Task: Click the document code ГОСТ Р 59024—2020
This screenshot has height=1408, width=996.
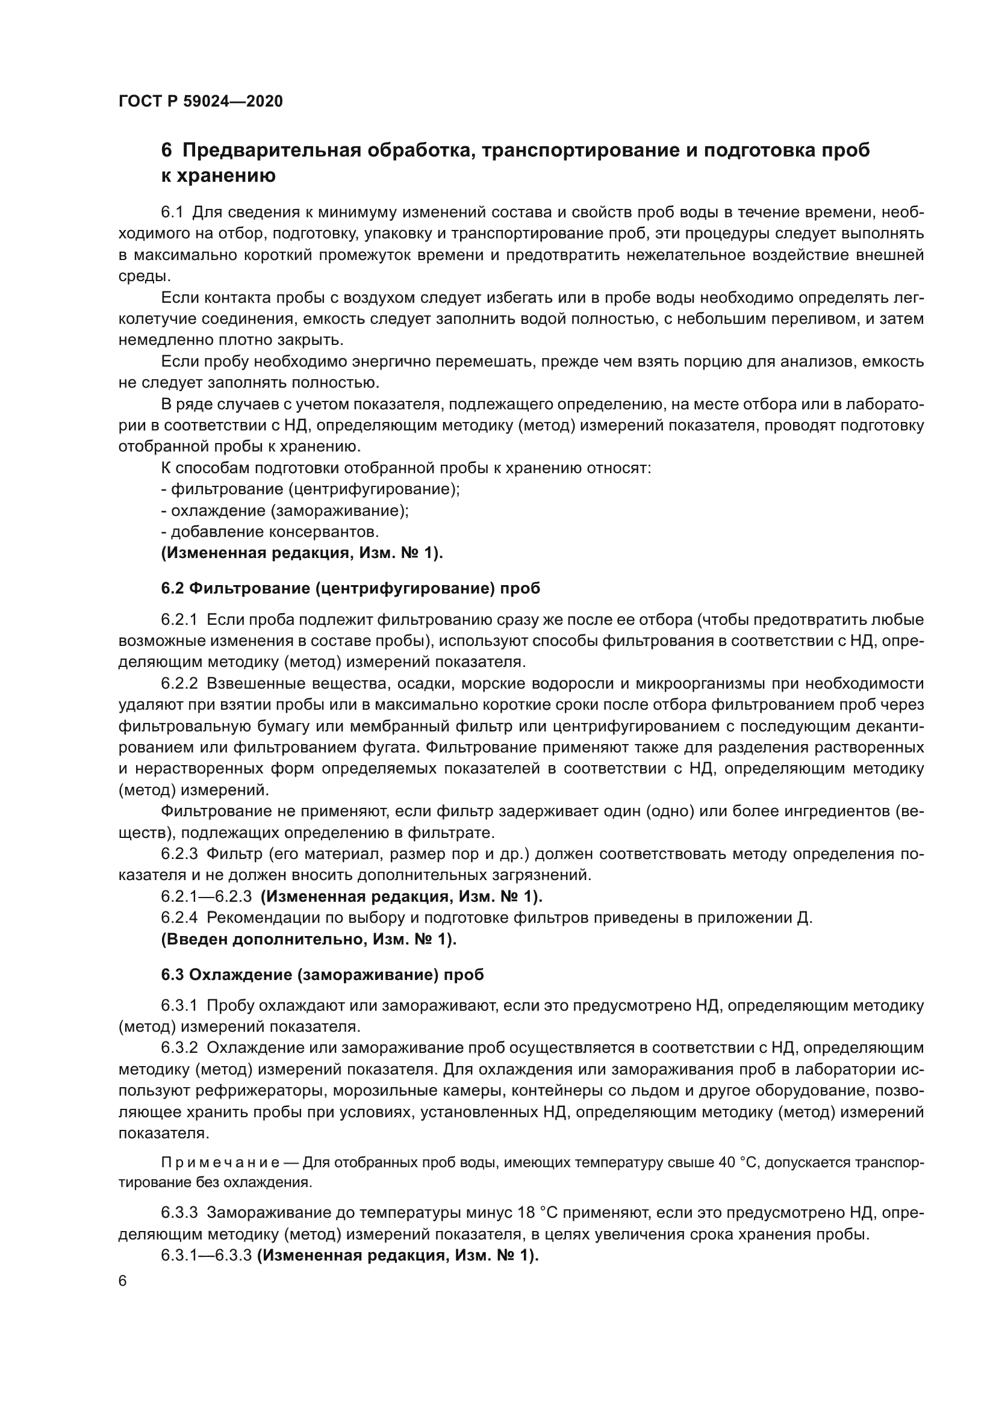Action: point(201,101)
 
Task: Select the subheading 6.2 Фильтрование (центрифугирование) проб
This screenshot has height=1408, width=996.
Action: point(350,588)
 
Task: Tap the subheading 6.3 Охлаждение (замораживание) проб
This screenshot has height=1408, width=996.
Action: point(322,975)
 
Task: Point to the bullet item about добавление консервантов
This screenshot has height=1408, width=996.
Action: point(270,532)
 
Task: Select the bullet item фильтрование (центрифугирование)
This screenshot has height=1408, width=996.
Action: point(310,489)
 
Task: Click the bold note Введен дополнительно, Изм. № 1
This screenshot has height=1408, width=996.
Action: point(308,939)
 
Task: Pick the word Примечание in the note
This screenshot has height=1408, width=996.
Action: point(220,1163)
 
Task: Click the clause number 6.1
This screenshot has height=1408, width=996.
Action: point(172,212)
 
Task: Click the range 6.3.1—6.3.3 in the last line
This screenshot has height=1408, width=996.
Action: point(206,1255)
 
